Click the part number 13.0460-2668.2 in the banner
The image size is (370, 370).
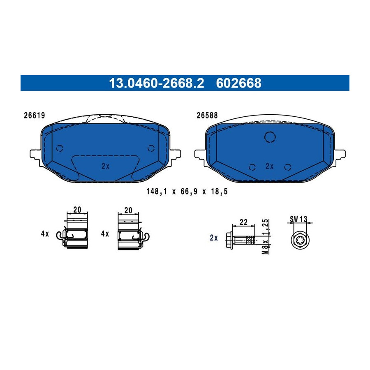pos(156,83)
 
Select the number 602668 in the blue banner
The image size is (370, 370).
pos(238,83)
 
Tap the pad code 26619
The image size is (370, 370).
pos(34,116)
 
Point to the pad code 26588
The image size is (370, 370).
pos(207,116)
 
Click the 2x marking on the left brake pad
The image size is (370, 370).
pos(106,166)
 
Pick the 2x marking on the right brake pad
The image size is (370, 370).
pos(269,166)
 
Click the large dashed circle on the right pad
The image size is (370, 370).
pos(270,137)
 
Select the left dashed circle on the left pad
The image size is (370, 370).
pos(60,148)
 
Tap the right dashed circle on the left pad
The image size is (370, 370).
pos(151,148)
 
